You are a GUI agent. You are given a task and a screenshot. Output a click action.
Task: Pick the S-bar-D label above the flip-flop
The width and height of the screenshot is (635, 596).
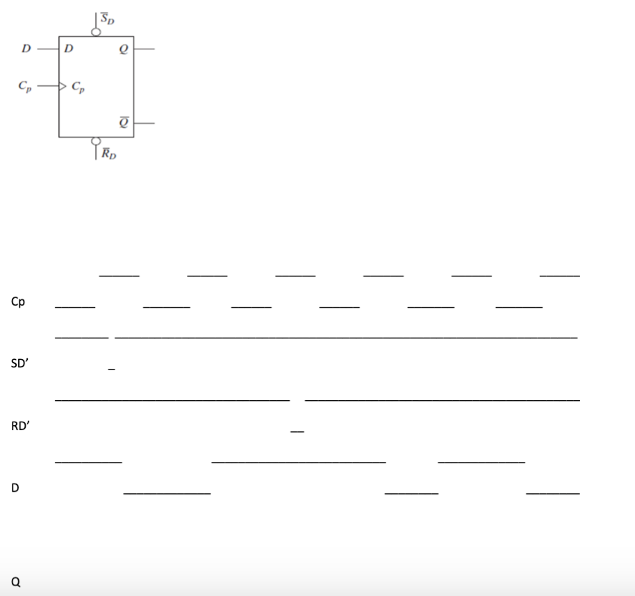coord(108,18)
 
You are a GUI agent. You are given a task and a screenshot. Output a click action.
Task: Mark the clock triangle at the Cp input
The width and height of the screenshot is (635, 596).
coord(63,87)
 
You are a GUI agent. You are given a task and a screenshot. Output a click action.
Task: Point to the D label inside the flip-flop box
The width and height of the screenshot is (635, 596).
coord(68,49)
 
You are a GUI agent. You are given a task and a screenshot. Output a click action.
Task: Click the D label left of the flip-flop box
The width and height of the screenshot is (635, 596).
coord(25,49)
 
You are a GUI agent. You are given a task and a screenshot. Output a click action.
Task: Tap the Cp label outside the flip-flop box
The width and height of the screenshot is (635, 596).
coord(24,88)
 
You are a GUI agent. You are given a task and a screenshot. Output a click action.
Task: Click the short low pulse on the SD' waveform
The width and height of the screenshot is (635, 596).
coord(111,367)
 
